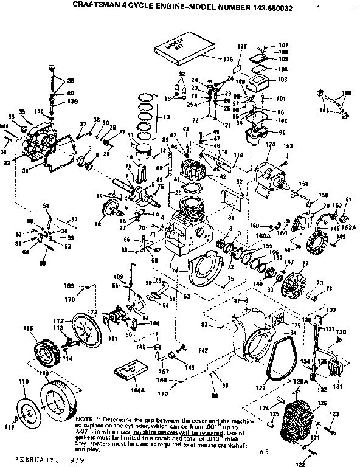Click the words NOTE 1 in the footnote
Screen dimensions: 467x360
click(x=86, y=419)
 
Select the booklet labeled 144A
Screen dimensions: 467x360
click(x=135, y=371)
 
